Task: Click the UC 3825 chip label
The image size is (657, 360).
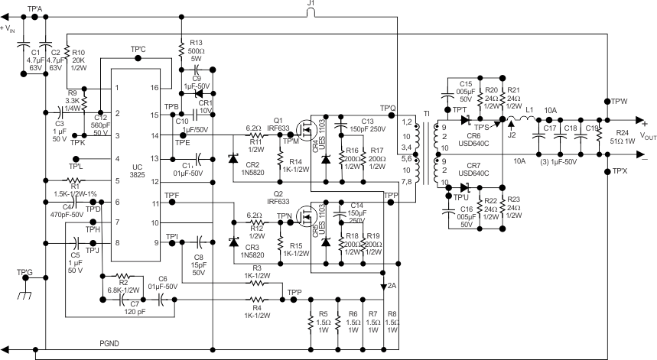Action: pyautogui.click(x=136, y=172)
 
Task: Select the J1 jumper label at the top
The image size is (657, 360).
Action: pyautogui.click(x=310, y=5)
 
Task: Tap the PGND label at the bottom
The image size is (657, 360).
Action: pyautogui.click(x=110, y=344)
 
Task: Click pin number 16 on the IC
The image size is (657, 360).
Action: pyautogui.click(x=154, y=88)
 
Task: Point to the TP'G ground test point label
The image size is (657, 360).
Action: pyautogui.click(x=25, y=272)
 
